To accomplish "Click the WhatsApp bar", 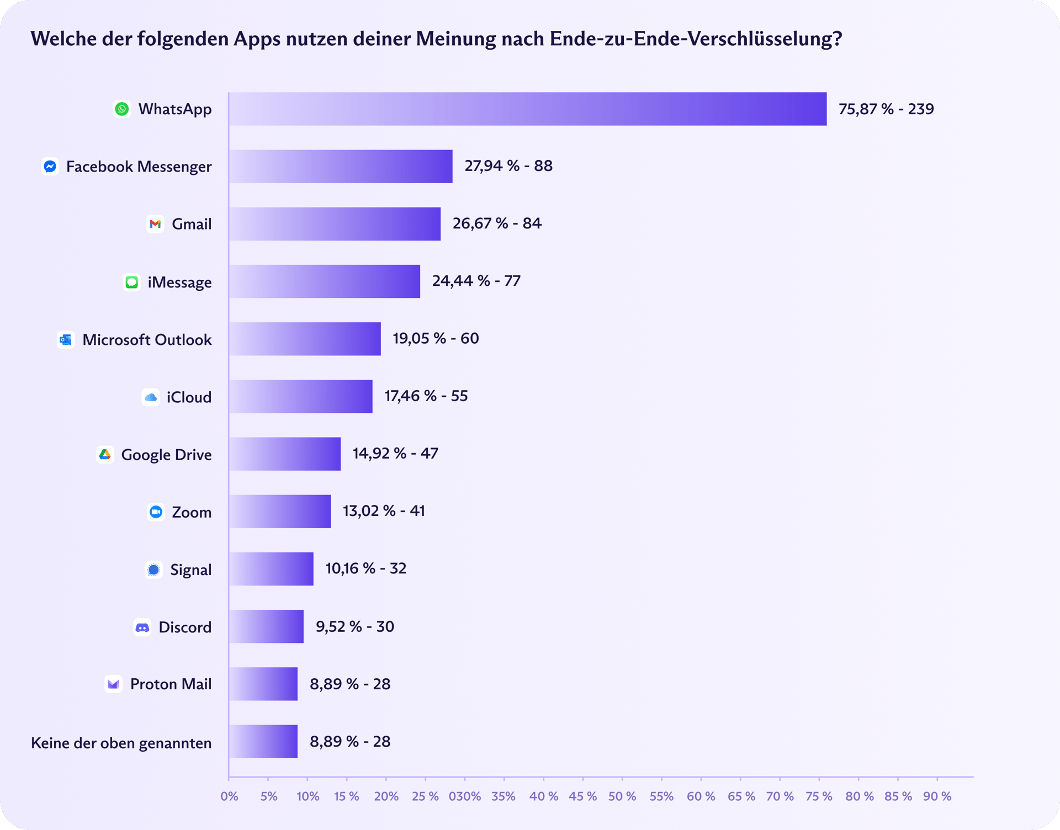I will click(x=527, y=109).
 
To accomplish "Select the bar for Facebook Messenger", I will click(x=341, y=166).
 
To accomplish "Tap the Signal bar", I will click(x=271, y=569).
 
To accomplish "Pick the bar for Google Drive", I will click(x=285, y=454).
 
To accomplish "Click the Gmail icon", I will click(x=155, y=224).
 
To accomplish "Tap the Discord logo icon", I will click(x=142, y=627).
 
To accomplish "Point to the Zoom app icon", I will click(x=156, y=512).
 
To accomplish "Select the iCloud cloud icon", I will click(x=151, y=397).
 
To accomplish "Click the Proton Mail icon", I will click(x=114, y=684).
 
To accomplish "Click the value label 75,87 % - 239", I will click(x=886, y=109).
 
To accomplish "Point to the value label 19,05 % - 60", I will click(x=436, y=338).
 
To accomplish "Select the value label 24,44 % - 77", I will click(x=476, y=281).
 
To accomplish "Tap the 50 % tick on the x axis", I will click(x=622, y=796).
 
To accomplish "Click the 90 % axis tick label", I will click(x=937, y=796).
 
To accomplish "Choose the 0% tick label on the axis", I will click(x=229, y=796).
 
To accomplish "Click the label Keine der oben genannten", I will click(x=121, y=743).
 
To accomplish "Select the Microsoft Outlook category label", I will click(x=147, y=339).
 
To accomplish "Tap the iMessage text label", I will click(x=179, y=282).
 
